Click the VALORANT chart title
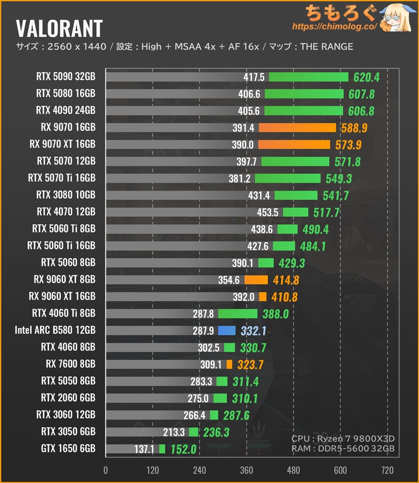pos(59,27)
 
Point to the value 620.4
pos(366,78)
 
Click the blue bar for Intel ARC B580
pos(227,330)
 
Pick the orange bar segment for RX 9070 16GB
pos(297,127)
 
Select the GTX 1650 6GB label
pos(68,448)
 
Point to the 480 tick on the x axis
pos(294,469)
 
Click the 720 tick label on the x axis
pos(388,469)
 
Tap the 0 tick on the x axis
pos(106,469)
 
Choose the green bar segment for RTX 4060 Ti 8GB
pos(238,313)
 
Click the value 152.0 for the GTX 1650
pos(183,449)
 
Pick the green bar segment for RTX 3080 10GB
pos(296,195)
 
